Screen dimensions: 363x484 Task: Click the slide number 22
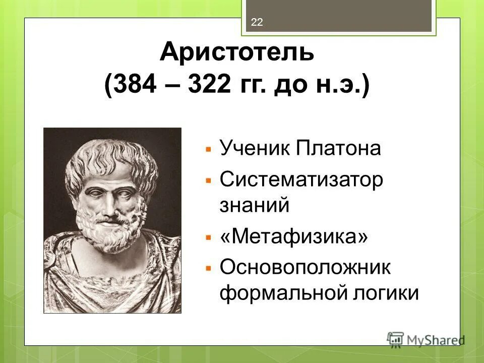pyautogui.click(x=257, y=22)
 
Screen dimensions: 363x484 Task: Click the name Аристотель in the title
pyautogui.click(x=237, y=53)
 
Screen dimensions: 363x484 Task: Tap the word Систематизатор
pyautogui.click(x=301, y=179)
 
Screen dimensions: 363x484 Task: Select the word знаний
pyautogui.click(x=255, y=205)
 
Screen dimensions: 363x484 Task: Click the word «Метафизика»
pyautogui.click(x=294, y=236)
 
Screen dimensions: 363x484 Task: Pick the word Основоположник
pyautogui.click(x=305, y=267)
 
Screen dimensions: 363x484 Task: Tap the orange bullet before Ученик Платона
pyautogui.click(x=208, y=150)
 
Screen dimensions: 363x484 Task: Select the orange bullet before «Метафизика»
pyautogui.click(x=208, y=237)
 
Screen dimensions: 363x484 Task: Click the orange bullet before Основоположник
pyautogui.click(x=208, y=268)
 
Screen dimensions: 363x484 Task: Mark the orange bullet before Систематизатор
pyautogui.click(x=208, y=180)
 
